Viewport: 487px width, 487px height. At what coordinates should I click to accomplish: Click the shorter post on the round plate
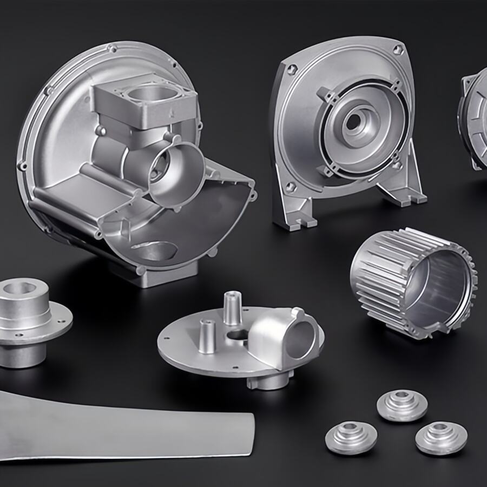206,335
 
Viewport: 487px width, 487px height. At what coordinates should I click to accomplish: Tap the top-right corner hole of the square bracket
398,50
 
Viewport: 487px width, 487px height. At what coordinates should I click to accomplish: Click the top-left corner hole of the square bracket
292,69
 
